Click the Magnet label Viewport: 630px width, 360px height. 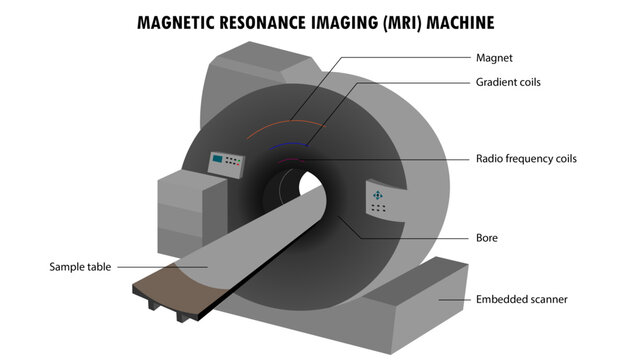point(494,59)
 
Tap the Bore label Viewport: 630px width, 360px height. point(487,238)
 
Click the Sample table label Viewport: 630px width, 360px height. point(81,267)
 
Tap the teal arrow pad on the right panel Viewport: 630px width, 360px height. point(378,194)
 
